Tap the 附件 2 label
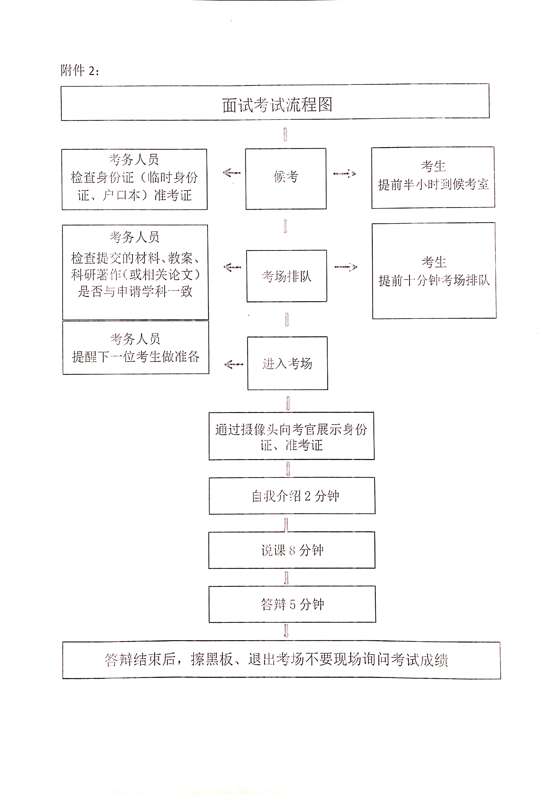pyautogui.click(x=80, y=71)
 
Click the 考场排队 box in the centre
pyautogui.click(x=287, y=276)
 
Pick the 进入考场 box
pyautogui.click(x=287, y=363)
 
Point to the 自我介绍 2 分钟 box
pyautogui.click(x=292, y=496)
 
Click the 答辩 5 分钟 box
pyautogui.click(x=292, y=604)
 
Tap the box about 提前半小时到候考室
pyautogui.click(x=433, y=177)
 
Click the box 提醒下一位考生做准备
pyautogui.click(x=136, y=348)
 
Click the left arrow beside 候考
pyautogui.click(x=232, y=173)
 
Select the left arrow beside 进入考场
pyautogui.click(x=234, y=364)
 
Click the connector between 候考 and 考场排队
pyautogui.click(x=285, y=226)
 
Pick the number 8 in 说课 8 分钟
pyautogui.click(x=292, y=550)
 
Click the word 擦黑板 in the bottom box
pyautogui.click(x=212, y=659)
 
